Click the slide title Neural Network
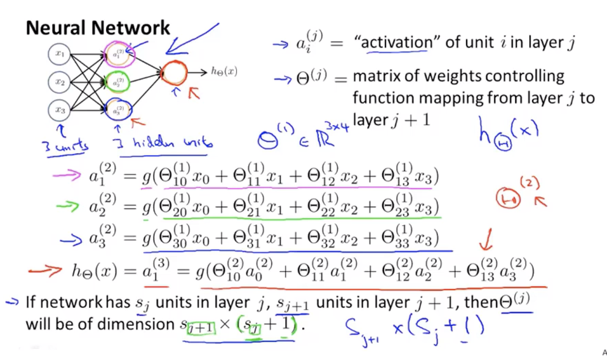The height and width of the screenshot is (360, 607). pos(98,28)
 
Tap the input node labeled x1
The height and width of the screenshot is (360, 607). pos(60,55)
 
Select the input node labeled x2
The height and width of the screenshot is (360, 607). pos(60,83)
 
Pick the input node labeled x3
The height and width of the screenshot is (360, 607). pos(60,110)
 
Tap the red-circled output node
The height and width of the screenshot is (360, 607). pos(174,73)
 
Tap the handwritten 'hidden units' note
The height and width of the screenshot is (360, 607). pos(162,143)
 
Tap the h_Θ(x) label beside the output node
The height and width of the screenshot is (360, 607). pos(224,72)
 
